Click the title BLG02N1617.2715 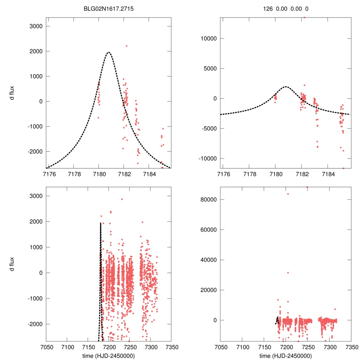click(109, 9)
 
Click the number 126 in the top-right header click(268, 9)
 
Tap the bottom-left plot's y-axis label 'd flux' click(12, 264)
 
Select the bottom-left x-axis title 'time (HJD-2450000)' click(109, 356)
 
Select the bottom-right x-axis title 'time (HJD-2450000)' click(285, 356)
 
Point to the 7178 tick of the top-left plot click(73, 173)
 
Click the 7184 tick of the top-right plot click(328, 173)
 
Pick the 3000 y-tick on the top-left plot click(35, 26)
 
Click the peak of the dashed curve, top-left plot click(108, 52)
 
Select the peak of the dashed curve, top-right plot click(285, 86)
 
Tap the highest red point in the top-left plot click(127, 46)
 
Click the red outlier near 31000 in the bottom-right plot click(288, 272)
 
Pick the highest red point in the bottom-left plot click(122, 199)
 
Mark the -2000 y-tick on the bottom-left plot click(34, 324)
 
